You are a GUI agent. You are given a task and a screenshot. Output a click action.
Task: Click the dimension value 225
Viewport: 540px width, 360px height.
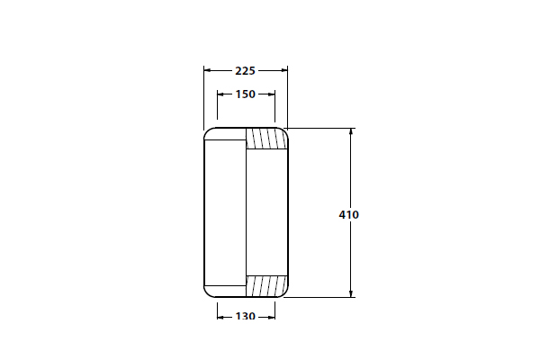245,71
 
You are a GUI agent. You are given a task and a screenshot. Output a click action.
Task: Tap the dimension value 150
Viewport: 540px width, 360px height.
246,94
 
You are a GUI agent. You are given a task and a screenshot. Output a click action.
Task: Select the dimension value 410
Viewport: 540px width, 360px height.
348,215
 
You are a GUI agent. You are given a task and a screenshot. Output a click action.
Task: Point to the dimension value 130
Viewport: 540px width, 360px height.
246,316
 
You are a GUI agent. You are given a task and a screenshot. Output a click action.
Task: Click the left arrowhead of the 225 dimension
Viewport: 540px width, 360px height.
207,70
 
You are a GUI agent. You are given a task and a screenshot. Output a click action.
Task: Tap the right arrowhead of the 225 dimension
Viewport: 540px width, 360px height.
284,70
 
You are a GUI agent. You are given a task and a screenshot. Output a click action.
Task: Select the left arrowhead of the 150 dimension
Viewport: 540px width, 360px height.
220,94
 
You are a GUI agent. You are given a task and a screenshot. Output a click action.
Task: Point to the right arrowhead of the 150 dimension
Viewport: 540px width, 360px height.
272,94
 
